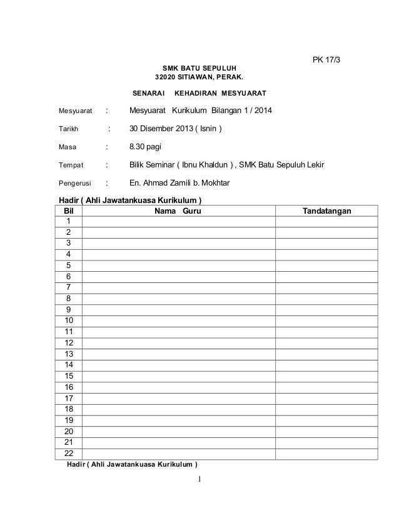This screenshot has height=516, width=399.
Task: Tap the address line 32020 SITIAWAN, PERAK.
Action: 199,78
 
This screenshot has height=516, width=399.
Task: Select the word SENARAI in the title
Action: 149,94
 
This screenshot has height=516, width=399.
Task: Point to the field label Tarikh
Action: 68,129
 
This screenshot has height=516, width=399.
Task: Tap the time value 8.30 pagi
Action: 145,147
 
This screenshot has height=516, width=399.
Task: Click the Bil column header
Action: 69,212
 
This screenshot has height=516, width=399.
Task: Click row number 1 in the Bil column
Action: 69,222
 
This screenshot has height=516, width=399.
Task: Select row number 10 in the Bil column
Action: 69,320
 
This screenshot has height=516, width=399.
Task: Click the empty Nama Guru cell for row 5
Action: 178,265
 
